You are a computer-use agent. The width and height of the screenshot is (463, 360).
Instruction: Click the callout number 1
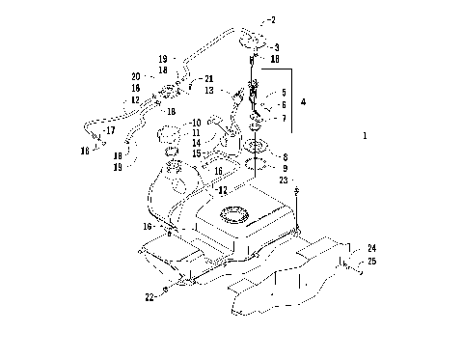pos(365,137)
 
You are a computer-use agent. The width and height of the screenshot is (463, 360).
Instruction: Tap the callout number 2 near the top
pos(272,19)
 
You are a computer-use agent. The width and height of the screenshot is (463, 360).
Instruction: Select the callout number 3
pos(276,46)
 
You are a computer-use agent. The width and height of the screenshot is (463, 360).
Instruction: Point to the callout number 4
pos(304,99)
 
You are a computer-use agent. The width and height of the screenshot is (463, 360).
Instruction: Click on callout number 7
pos(283,118)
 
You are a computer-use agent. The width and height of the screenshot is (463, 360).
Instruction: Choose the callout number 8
pos(285,155)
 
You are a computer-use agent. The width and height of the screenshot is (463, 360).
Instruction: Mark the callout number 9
pos(285,167)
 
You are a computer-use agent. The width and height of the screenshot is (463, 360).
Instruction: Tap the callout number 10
pos(196,123)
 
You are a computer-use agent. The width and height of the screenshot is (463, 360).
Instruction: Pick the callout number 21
pos(210,78)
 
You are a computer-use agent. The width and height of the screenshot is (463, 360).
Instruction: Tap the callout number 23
pos(283,180)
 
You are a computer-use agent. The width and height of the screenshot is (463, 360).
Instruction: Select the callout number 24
pos(371,248)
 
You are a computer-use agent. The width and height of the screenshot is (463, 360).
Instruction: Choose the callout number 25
pos(371,261)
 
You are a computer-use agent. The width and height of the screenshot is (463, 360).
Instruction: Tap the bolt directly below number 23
pos(297,191)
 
